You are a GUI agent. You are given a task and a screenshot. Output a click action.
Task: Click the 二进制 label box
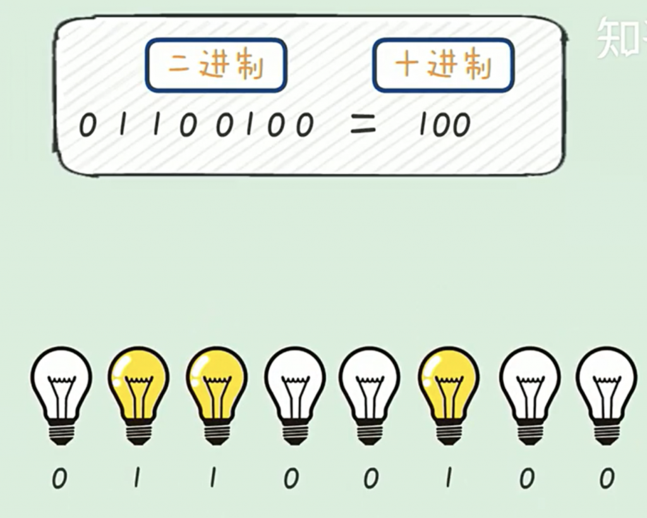pos(216,65)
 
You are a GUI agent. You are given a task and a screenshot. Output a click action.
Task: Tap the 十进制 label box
pos(443,65)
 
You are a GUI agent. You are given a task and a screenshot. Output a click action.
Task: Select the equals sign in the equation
pos(363,125)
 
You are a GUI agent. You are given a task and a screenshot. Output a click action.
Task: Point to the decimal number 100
pos(444,125)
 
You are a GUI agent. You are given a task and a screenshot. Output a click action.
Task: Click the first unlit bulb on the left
pos(61,395)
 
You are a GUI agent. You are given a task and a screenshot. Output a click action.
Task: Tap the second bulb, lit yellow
pos(138,395)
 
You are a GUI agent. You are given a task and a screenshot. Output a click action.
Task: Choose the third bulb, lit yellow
pos(216,395)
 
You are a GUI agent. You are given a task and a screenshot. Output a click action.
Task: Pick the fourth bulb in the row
pos(294,395)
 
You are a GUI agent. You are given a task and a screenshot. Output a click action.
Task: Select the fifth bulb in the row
pos(370,395)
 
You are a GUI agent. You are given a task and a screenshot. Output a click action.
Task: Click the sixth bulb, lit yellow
pos(449,395)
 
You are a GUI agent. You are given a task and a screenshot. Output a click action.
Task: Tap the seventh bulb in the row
pos(529,395)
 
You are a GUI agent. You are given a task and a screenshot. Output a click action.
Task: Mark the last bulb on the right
pos(606,395)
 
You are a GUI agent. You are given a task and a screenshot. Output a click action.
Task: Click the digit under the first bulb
pos(59,479)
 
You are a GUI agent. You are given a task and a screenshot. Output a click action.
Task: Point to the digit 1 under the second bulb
pos(136,478)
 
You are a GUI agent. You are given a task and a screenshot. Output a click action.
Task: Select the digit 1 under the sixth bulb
pos(448,478)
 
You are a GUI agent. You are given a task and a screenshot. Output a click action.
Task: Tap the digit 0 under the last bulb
pos(607,479)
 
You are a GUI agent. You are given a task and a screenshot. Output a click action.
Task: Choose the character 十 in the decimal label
pos(408,65)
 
